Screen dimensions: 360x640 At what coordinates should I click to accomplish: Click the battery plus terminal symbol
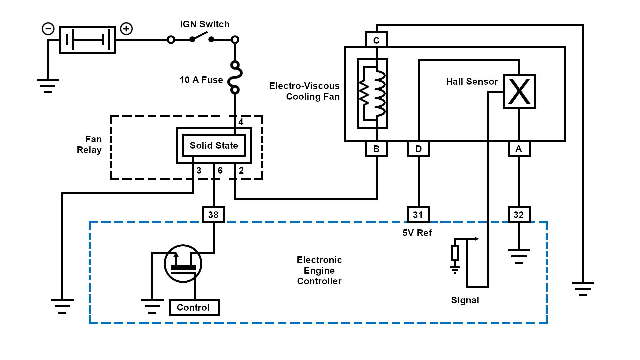(x=126, y=29)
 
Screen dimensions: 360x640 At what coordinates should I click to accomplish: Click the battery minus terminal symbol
(x=48, y=29)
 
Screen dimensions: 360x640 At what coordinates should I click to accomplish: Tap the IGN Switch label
(x=205, y=24)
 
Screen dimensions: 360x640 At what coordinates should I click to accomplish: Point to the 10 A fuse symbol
(x=235, y=77)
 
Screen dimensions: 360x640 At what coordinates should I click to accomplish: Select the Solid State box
(x=214, y=145)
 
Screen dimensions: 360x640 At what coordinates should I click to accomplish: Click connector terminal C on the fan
(x=376, y=40)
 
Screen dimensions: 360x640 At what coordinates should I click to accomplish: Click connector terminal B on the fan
(x=376, y=149)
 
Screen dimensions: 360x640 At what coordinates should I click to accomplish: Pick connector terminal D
(x=418, y=149)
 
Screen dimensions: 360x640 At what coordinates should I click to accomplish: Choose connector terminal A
(x=519, y=149)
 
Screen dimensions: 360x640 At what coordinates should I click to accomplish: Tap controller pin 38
(x=214, y=215)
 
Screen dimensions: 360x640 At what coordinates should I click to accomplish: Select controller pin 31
(x=418, y=215)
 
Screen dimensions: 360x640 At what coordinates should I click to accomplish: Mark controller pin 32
(x=519, y=215)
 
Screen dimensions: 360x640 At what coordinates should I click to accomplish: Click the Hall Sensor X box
(x=519, y=91)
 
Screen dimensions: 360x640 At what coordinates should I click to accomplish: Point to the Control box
(x=194, y=307)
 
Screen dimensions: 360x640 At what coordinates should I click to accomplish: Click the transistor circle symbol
(x=183, y=264)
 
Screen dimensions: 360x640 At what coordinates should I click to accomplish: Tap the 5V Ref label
(x=417, y=233)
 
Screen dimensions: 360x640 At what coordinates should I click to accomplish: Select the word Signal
(x=465, y=300)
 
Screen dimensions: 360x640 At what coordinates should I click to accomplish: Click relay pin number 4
(x=241, y=122)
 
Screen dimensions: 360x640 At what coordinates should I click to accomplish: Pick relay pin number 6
(x=220, y=171)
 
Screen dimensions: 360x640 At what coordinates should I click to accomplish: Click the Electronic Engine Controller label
(x=319, y=270)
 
